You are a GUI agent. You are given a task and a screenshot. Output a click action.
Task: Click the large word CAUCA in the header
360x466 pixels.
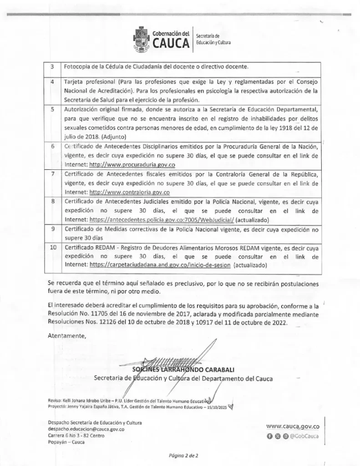pyautogui.click(x=171, y=44)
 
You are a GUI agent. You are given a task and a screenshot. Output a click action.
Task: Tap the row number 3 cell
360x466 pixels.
pyautogui.click(x=52, y=67)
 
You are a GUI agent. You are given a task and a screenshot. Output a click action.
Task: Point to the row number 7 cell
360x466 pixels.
pyautogui.click(x=53, y=174)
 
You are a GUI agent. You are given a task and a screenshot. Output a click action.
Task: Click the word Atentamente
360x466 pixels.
pyautogui.click(x=67, y=336)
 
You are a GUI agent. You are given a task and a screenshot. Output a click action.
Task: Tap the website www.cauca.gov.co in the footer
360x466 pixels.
pyautogui.click(x=293, y=426)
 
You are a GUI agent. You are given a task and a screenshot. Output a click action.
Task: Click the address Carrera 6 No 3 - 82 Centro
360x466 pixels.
pyautogui.click(x=76, y=436)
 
